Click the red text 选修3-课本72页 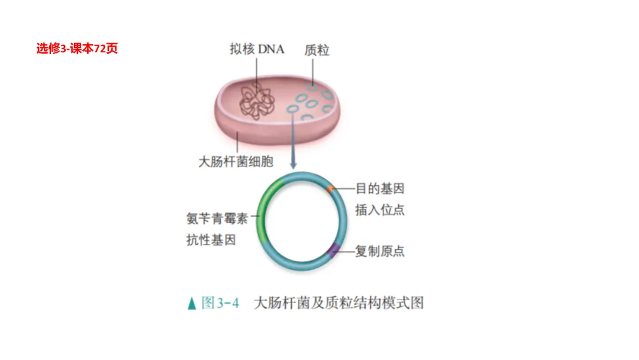coord(77,49)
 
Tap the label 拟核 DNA coord(257,49)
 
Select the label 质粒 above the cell coord(317,50)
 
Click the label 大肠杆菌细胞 coord(235,161)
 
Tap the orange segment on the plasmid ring coord(331,188)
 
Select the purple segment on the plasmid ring coord(334,250)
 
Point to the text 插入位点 coord(380,210)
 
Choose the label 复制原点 coord(380,251)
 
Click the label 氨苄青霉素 coord(217,218)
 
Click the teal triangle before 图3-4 coord(191,304)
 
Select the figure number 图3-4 coord(220,303)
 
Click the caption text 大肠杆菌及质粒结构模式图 coord(338,303)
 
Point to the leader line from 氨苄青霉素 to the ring coord(255,217)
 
